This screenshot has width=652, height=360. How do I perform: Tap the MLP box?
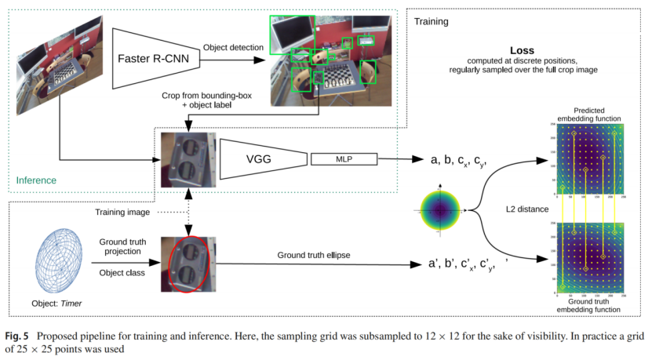pos(344,160)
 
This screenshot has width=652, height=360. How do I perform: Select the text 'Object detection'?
pos(233,48)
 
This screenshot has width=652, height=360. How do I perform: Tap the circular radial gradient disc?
pos(443,209)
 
